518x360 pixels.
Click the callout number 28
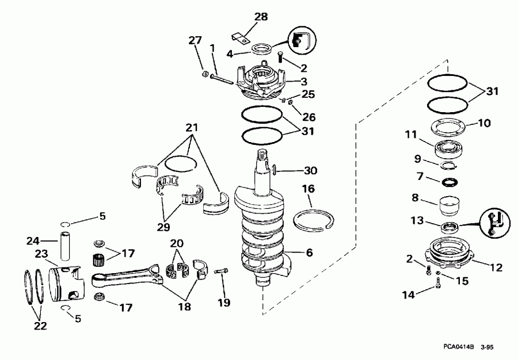pos(261,17)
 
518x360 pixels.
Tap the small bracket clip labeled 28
pos(240,40)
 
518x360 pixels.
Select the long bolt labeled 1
pos(222,78)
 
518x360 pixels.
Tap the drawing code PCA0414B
pos(458,347)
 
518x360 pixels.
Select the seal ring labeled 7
pos(447,182)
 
